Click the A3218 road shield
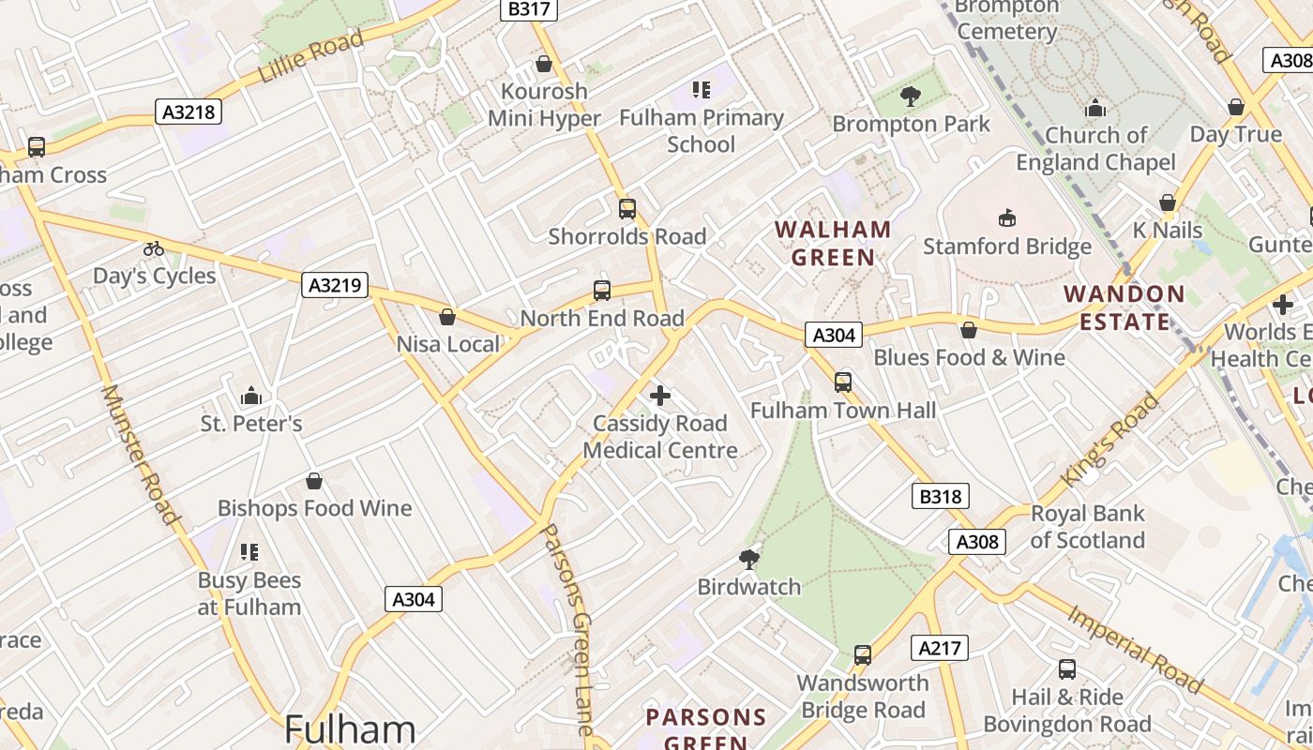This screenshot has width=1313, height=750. click(189, 112)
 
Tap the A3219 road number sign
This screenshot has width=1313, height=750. click(334, 285)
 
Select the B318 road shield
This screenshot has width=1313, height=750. click(940, 496)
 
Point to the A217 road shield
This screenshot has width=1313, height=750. click(939, 648)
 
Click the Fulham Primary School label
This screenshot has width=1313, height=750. click(701, 131)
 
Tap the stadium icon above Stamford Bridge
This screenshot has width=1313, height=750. click(1007, 218)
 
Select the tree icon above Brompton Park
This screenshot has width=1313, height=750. click(910, 96)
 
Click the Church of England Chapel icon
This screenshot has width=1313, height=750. click(1095, 108)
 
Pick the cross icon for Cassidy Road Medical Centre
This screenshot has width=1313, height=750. click(660, 396)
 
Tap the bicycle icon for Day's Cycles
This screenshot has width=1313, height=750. click(154, 248)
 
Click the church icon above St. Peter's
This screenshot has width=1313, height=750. click(250, 396)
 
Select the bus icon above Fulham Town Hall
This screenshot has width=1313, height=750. click(842, 382)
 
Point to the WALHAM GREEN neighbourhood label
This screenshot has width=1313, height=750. click(832, 243)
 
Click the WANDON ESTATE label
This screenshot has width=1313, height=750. click(1124, 307)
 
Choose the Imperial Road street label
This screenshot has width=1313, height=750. click(1133, 650)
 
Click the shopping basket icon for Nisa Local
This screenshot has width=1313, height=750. click(447, 317)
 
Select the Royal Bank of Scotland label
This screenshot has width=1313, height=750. click(1087, 527)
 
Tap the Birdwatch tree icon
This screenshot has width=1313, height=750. click(748, 560)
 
